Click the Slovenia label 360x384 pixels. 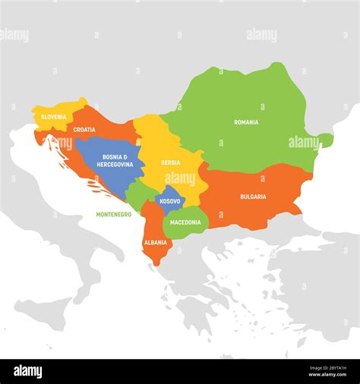53,117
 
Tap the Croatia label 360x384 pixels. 84,130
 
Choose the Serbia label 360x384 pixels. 170,162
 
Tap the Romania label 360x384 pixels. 245,122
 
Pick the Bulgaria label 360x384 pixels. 253,197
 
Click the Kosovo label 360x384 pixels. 170,202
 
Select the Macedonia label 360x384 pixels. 185,222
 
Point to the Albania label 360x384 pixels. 154,242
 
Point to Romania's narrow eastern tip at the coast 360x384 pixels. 325,140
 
